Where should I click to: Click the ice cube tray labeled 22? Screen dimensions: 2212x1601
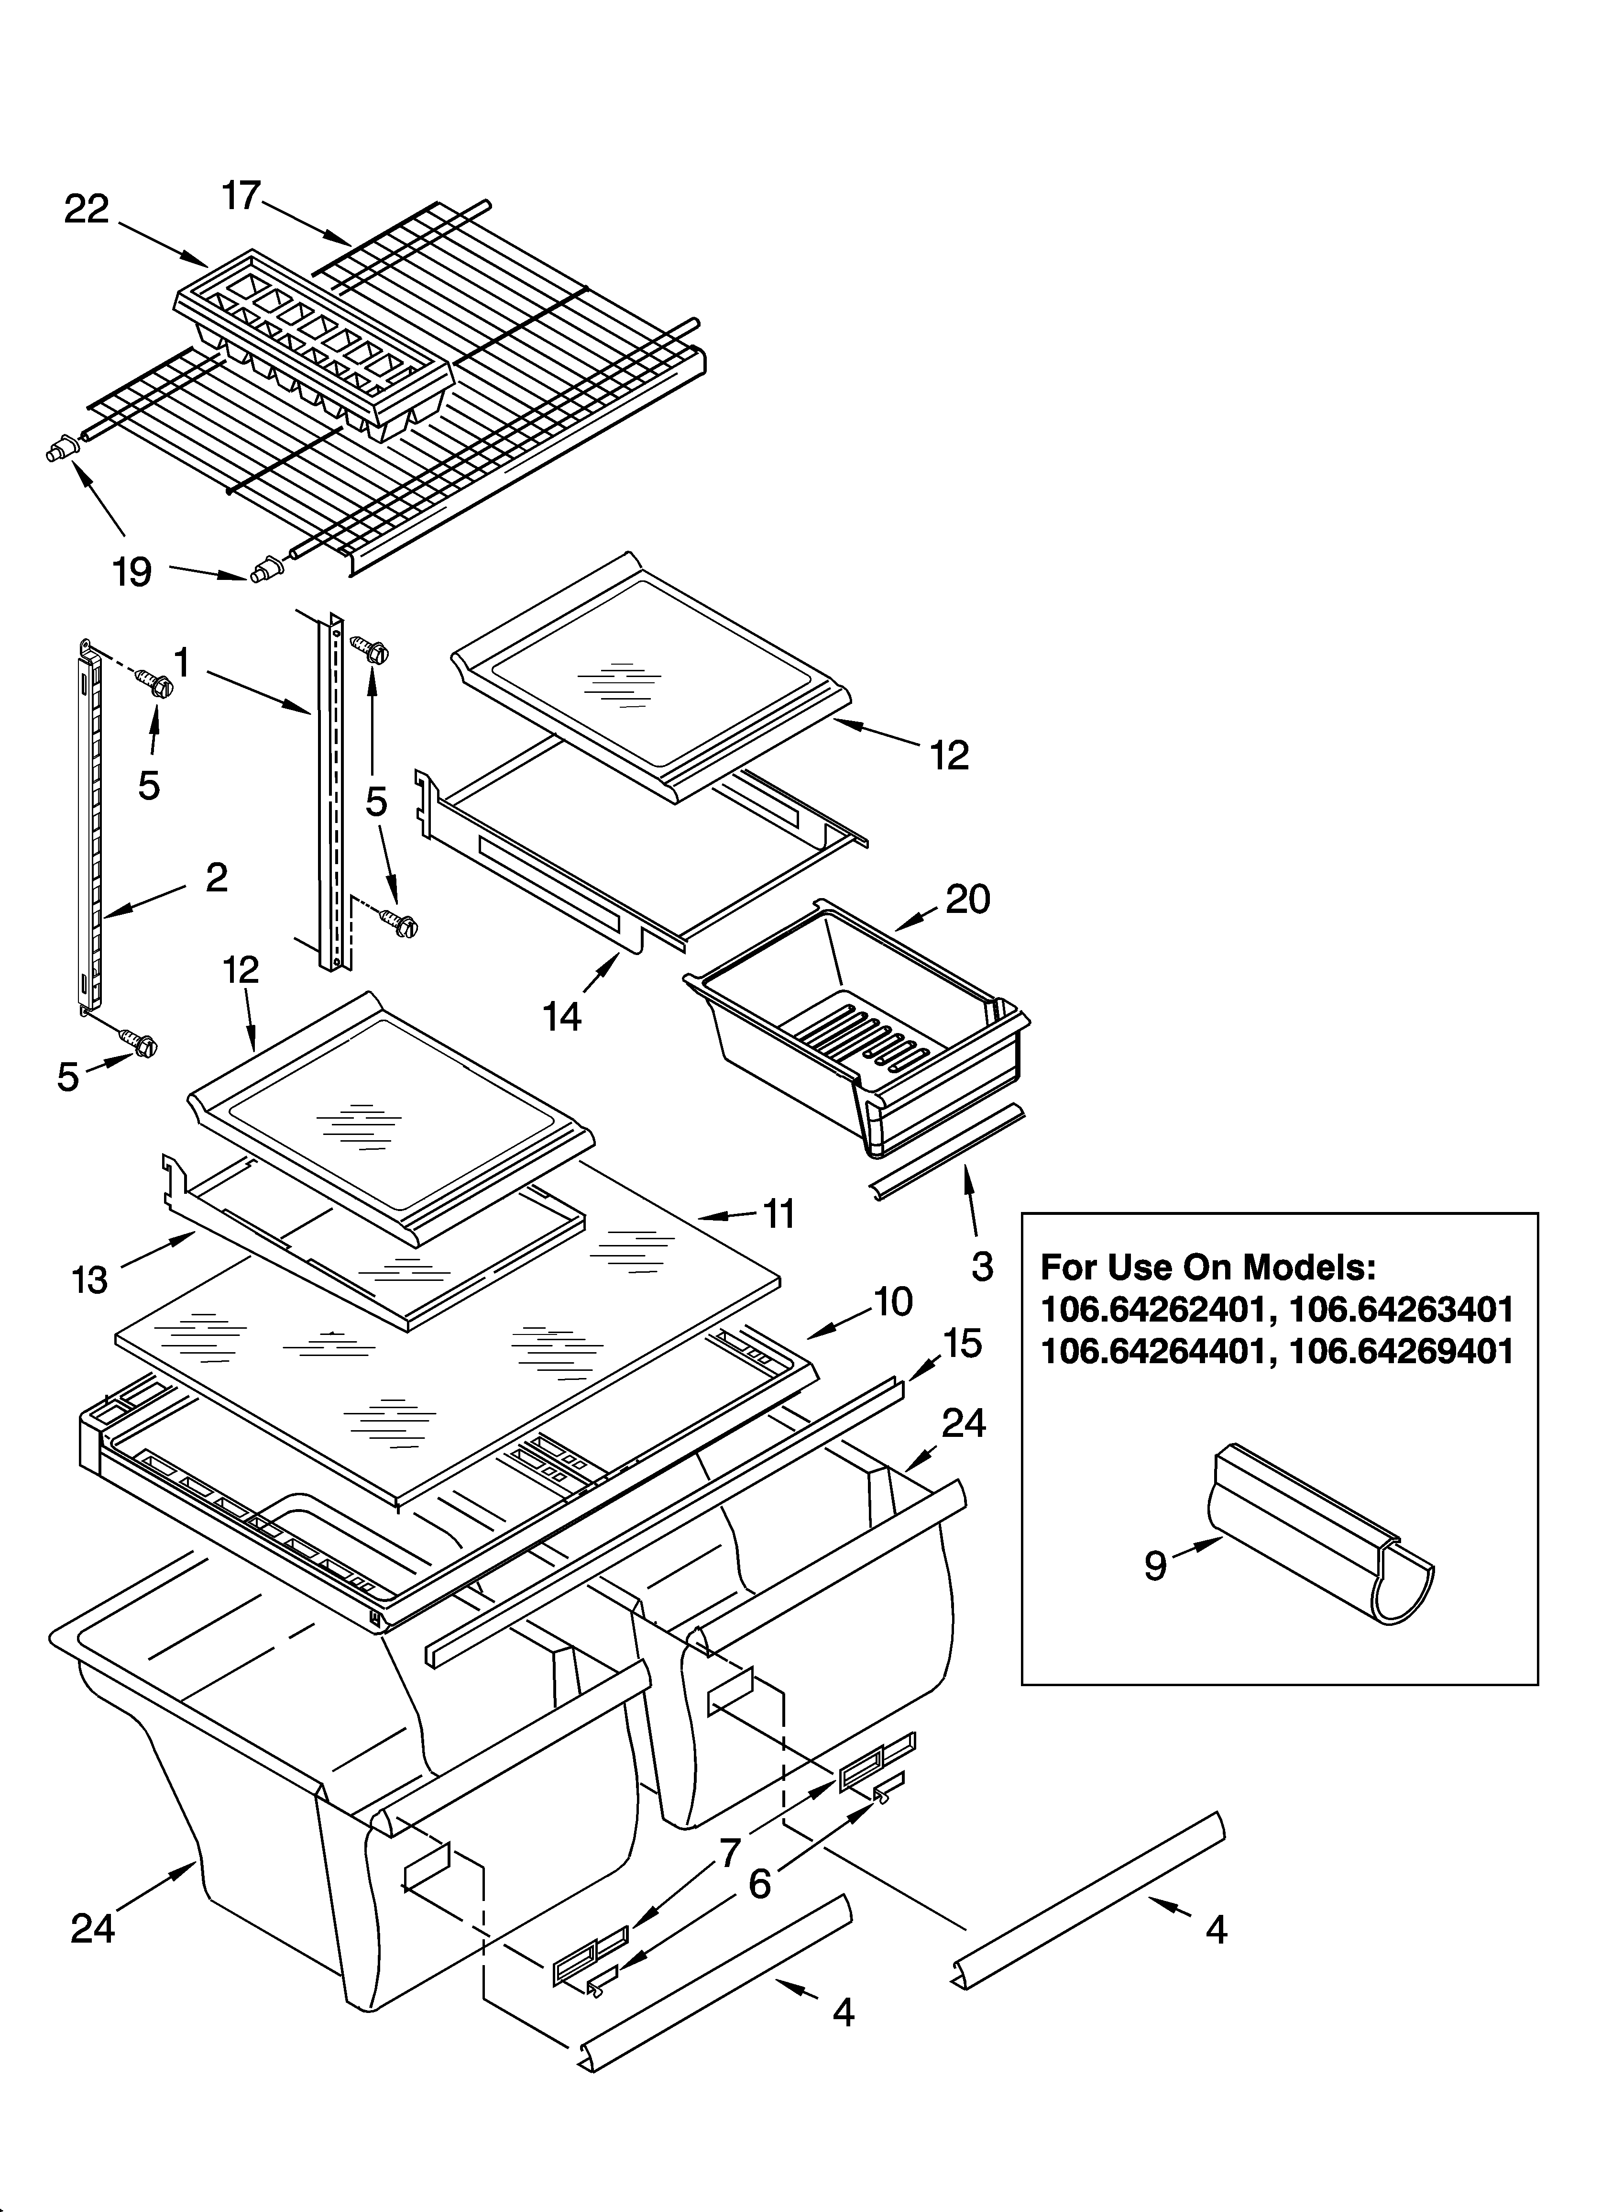(x=312, y=341)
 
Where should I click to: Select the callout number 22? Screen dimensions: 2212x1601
(x=87, y=210)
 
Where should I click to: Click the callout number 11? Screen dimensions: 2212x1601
(x=779, y=1214)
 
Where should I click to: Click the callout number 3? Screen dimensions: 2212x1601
(x=982, y=1266)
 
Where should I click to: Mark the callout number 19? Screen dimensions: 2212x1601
(x=132, y=571)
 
